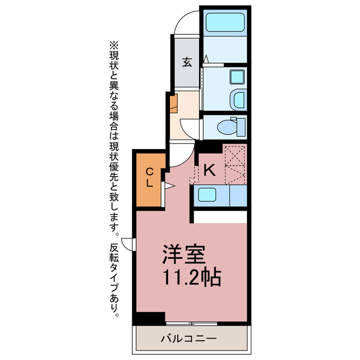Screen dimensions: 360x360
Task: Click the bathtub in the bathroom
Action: point(223,22)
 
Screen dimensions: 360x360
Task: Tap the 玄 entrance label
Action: point(186,62)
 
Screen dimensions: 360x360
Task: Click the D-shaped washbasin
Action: point(238,100)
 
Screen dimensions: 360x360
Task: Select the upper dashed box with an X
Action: point(235,154)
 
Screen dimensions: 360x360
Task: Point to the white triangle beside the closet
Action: point(168,185)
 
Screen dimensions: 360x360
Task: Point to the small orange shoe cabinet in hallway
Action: point(174,103)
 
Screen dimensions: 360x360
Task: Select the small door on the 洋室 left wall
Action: point(129,244)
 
